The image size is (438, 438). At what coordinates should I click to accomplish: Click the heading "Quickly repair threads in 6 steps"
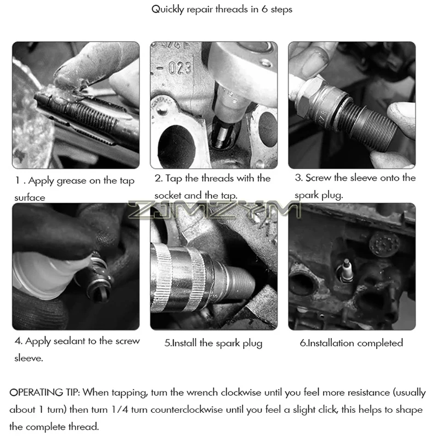pos(222,9)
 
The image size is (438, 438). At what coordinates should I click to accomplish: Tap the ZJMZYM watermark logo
pos(215,210)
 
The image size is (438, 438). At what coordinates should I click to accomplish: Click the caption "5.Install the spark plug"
pos(214,343)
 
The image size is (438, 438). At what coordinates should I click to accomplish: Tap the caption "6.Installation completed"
pos(351,343)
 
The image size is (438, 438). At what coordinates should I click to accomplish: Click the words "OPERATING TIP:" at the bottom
pos(45,393)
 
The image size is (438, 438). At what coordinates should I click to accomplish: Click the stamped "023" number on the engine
pos(180,68)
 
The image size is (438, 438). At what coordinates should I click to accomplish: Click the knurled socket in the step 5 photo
pos(179,276)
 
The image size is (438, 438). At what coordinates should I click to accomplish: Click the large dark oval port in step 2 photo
pos(176,147)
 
